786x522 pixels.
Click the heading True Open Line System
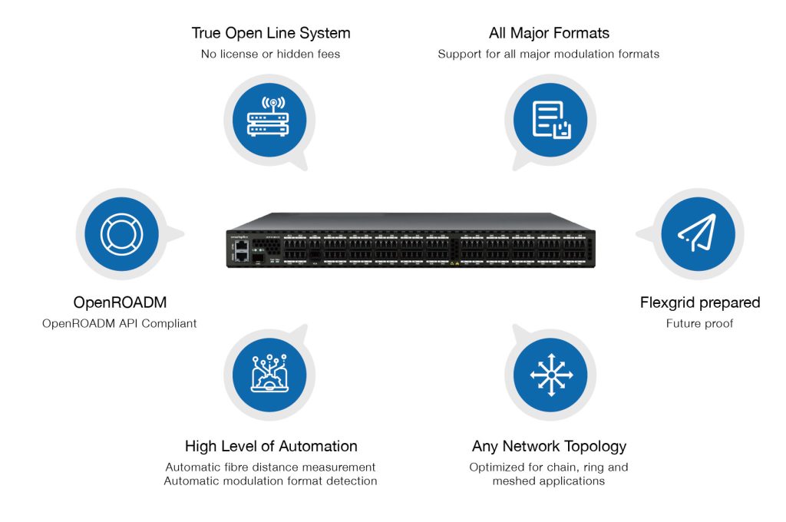click(x=271, y=33)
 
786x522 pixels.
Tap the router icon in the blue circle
click(x=268, y=117)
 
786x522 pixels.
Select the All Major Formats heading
click(x=549, y=33)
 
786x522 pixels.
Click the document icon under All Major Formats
click(x=551, y=121)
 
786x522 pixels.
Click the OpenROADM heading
click(x=120, y=302)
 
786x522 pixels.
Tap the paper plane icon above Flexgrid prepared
click(x=697, y=232)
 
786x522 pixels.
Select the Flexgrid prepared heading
click(x=700, y=302)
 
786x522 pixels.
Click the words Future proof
click(x=699, y=323)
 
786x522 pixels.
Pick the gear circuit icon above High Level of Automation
click(x=269, y=373)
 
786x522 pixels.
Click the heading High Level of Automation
click(x=271, y=446)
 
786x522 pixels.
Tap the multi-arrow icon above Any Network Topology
click(x=551, y=375)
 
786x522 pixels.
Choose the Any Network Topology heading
click(x=549, y=446)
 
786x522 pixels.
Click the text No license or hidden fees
click(x=270, y=54)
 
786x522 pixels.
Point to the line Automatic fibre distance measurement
click(x=270, y=467)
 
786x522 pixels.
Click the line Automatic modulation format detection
click(x=270, y=481)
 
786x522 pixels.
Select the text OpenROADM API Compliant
click(x=119, y=323)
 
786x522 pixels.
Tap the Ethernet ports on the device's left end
click(x=242, y=251)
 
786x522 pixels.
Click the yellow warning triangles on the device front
click(x=454, y=263)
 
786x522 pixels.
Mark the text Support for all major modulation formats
click(x=548, y=54)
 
